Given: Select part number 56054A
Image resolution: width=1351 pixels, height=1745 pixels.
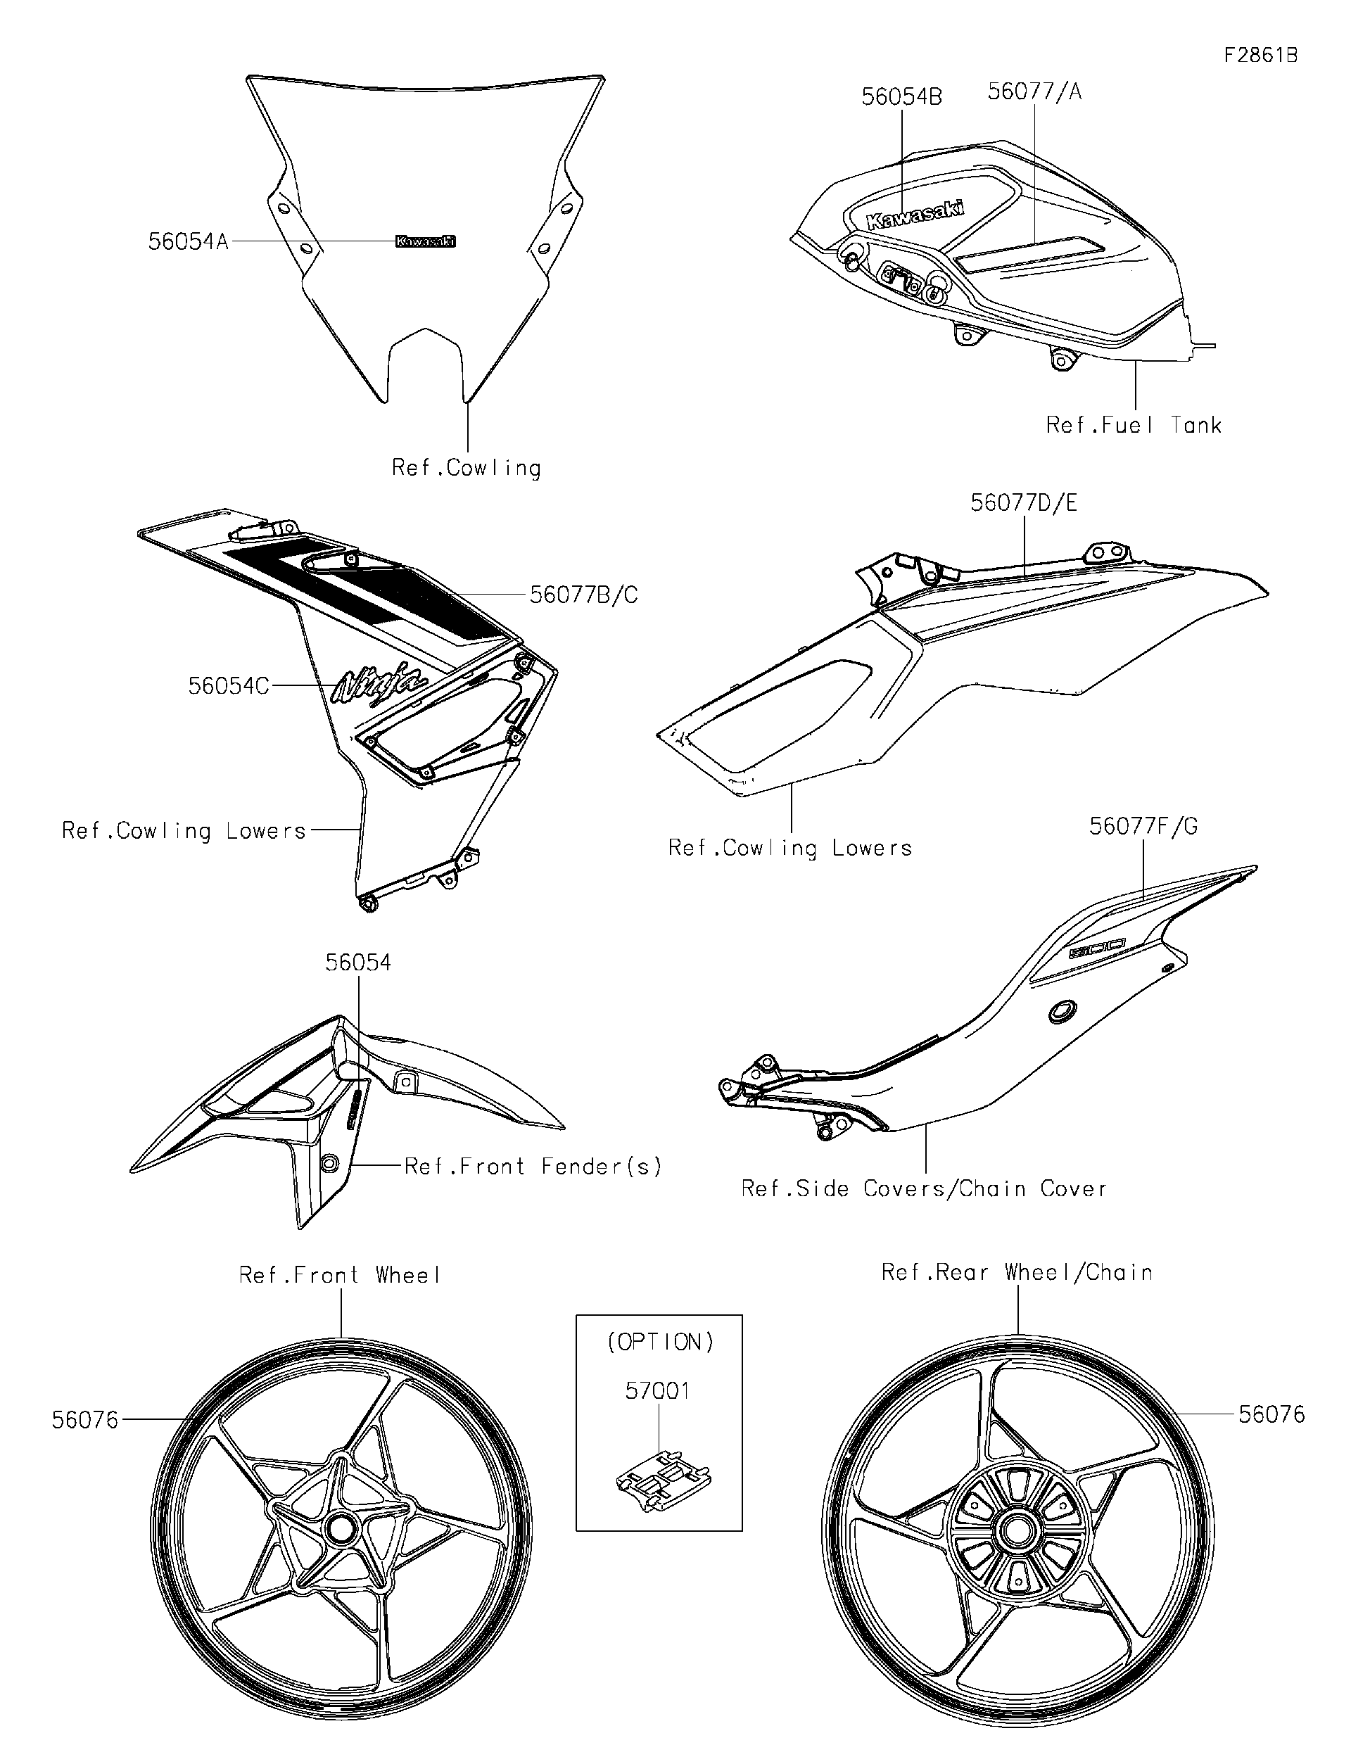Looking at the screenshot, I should click(x=189, y=241).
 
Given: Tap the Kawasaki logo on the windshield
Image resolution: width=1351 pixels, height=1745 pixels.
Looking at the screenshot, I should click(x=426, y=241).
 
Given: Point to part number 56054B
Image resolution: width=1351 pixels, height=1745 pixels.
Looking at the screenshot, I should click(x=901, y=96).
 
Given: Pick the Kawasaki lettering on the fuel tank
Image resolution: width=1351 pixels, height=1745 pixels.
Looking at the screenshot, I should click(x=915, y=214).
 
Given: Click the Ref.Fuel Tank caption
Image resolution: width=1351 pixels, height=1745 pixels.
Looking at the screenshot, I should click(x=1134, y=424).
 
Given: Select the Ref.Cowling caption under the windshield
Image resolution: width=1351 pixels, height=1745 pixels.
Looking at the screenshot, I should click(x=466, y=467).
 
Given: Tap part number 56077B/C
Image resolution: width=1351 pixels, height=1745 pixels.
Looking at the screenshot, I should click(x=584, y=595).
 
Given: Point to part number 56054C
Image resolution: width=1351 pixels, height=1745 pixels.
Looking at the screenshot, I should click(x=229, y=685).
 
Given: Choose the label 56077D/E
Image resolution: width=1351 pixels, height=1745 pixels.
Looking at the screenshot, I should click(x=1023, y=502).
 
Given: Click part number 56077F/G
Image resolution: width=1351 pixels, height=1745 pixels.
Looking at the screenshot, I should click(x=1143, y=826).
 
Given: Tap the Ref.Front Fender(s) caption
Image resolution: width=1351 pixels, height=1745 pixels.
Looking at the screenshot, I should click(x=533, y=1167).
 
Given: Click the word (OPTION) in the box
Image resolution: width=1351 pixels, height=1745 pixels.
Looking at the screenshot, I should click(x=660, y=1343).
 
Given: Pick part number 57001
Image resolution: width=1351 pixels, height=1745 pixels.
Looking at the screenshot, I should click(x=657, y=1391).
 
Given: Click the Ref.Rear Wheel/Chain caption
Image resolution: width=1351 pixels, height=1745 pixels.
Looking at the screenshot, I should click(x=1017, y=1272).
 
